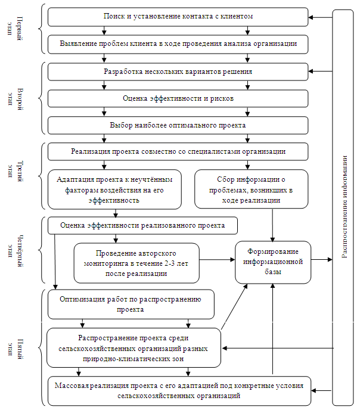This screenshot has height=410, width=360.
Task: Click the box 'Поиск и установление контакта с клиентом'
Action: (x=178, y=17)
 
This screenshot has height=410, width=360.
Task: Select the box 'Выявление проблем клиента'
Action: (x=178, y=45)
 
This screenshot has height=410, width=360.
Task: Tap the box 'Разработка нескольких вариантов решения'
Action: (x=178, y=72)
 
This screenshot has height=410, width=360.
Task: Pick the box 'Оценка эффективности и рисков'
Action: (x=178, y=98)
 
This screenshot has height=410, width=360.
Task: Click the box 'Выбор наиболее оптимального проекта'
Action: (x=178, y=125)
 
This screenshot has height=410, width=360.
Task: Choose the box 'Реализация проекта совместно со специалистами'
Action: (x=178, y=151)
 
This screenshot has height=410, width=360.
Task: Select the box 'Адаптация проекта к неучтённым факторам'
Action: (x=114, y=190)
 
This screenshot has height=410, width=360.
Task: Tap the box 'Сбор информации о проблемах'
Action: (x=252, y=189)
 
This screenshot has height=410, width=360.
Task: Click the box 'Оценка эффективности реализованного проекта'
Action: (x=142, y=225)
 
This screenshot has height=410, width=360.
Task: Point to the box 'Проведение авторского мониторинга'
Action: (x=136, y=263)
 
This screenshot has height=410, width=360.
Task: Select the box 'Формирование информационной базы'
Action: (x=273, y=262)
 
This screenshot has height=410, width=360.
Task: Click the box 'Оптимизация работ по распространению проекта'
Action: (x=131, y=304)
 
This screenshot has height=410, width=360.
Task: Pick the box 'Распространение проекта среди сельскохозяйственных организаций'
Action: (x=134, y=348)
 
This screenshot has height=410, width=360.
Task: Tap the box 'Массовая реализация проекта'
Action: (x=179, y=391)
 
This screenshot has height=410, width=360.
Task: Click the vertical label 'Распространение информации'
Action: (x=345, y=207)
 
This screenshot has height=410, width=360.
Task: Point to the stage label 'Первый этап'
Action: (x=15, y=28)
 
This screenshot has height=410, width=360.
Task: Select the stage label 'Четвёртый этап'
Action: (x=15, y=250)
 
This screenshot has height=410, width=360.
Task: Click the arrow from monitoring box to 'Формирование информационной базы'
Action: (x=218, y=260)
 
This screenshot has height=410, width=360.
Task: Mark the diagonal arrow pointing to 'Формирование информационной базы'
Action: (x=234, y=307)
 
